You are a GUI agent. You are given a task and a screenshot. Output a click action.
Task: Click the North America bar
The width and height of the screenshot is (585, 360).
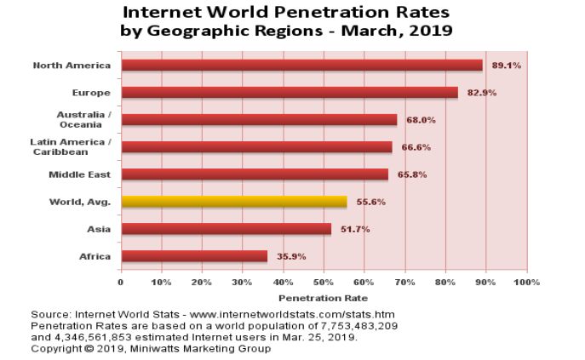301,66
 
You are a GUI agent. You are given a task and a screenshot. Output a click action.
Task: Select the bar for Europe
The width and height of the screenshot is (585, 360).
290,93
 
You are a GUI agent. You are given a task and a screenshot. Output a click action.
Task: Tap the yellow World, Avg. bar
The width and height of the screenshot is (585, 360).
234,202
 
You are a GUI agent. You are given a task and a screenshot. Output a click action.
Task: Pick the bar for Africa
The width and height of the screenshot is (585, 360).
194,256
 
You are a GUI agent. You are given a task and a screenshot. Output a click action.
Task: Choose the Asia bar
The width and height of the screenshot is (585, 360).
226,229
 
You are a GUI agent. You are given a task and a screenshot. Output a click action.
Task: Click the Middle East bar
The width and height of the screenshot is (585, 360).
255,174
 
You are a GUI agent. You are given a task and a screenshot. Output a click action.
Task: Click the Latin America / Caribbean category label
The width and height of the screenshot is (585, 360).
70,146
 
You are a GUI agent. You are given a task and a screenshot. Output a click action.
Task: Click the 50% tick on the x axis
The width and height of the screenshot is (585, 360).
324,282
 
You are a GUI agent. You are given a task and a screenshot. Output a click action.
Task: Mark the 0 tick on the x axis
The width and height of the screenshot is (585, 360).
121,282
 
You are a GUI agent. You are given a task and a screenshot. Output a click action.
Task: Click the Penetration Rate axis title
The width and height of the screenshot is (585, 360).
323,298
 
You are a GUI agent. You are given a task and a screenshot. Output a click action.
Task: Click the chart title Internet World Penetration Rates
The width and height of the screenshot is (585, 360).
287,13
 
